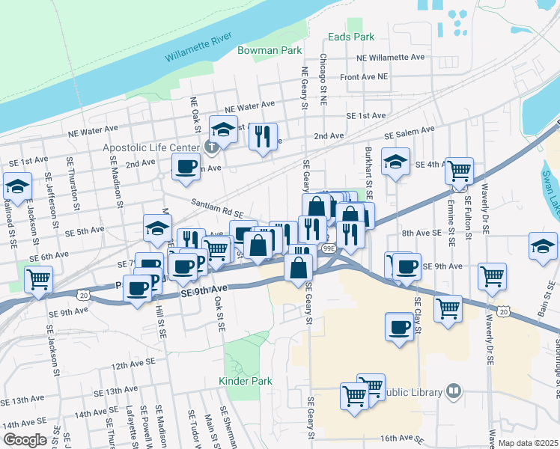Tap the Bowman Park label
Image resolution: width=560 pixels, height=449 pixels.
point(270,50)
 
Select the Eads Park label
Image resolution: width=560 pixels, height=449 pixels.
point(351,36)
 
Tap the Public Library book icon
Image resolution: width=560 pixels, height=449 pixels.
point(453,391)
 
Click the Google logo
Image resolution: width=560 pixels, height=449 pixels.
point(25,440)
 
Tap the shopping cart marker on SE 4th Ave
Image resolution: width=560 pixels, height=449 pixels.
point(459,171)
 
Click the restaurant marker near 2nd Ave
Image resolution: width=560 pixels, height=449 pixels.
point(262,136)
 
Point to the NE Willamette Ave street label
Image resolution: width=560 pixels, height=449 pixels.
point(390,57)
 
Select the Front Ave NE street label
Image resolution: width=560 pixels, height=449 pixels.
point(364,76)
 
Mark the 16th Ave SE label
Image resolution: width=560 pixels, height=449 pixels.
point(401,438)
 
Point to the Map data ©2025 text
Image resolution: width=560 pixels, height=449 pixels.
point(528,442)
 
